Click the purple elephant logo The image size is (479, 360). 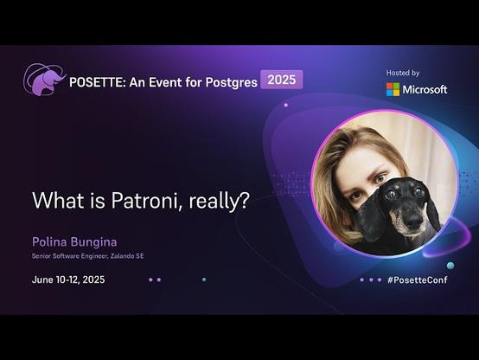pos(45,80)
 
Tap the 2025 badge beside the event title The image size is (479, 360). pos(282,80)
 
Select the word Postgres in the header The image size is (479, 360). pos(232,83)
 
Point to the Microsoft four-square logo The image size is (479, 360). pos(393,90)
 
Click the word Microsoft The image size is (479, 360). pos(425,90)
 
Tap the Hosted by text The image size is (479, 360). pos(403,73)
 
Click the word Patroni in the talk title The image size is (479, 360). pos(144,201)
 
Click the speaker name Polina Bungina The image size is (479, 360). pos(74,242)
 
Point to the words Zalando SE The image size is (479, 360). pos(127,256)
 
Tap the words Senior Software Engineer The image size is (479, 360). pos(69,256)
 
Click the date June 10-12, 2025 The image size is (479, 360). pos(68,280)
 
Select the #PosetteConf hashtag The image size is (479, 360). pos(418,280)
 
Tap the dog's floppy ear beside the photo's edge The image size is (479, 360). pos(433,214)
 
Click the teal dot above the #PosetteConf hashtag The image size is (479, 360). pos(450,265)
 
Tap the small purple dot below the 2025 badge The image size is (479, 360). pos(286,105)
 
